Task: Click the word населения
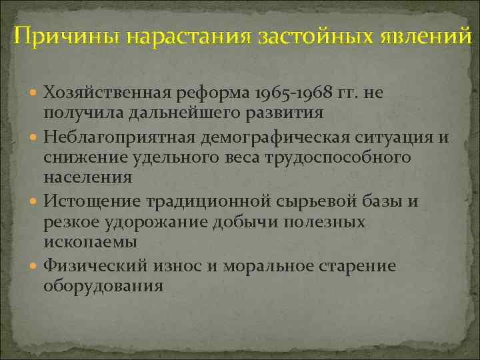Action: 87,177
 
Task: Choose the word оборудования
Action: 103,285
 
